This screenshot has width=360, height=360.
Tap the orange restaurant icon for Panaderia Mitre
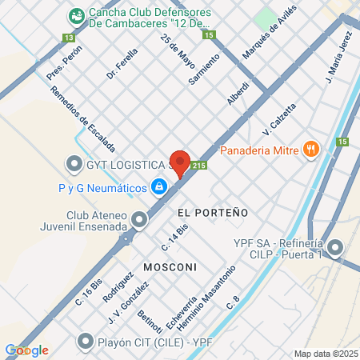click(310, 149)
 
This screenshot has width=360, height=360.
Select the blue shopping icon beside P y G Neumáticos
click(159, 187)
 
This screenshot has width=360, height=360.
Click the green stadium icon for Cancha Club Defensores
click(76, 14)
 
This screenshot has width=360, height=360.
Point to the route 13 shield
click(69, 38)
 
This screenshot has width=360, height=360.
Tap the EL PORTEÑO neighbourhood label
click(209, 213)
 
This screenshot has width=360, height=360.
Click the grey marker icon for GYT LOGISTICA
click(74, 166)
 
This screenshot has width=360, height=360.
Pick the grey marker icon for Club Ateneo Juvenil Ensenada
click(140, 218)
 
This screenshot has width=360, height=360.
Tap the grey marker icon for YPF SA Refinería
click(335, 246)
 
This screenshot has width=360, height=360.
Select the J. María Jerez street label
click(339, 62)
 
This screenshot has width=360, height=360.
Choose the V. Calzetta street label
click(280, 117)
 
